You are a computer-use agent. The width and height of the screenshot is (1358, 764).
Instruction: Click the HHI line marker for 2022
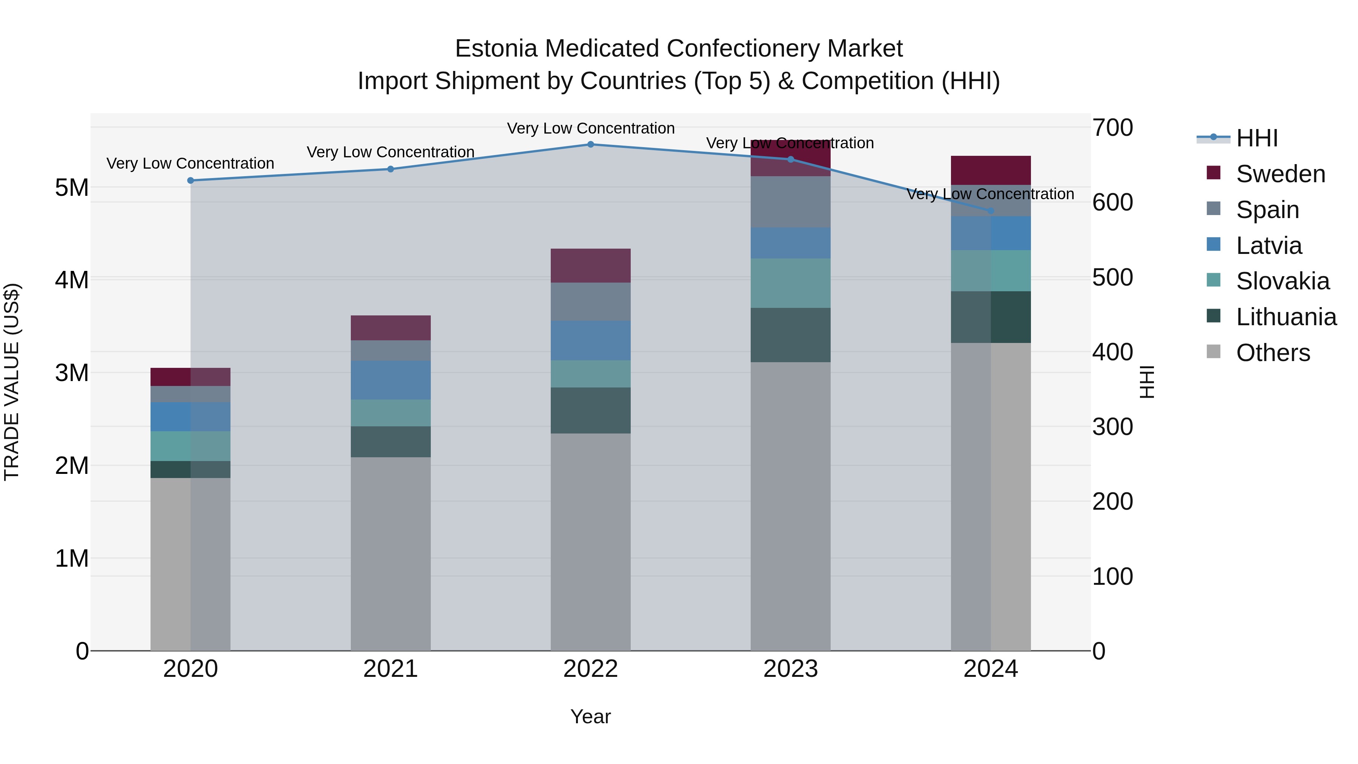click(590, 144)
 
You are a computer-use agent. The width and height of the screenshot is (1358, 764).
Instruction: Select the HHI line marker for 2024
click(991, 211)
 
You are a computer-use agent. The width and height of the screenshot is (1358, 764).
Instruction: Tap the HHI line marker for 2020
click(191, 180)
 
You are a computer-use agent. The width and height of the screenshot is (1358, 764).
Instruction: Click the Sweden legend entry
click(1280, 174)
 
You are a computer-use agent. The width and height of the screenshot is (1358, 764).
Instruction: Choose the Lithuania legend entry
click(1286, 317)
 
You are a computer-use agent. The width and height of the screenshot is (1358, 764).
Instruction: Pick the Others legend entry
click(1273, 353)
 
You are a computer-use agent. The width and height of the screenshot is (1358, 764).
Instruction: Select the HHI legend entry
click(1257, 138)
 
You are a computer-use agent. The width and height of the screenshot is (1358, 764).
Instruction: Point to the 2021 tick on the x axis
click(391, 669)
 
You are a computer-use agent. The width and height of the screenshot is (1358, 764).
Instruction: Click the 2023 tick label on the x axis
click(790, 669)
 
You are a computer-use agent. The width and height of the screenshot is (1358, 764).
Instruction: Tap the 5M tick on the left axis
click(72, 188)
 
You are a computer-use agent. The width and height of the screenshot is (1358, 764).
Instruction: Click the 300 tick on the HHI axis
click(1112, 427)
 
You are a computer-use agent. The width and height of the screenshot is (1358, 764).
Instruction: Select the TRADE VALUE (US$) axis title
click(12, 382)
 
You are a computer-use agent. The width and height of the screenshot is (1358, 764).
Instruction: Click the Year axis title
click(590, 716)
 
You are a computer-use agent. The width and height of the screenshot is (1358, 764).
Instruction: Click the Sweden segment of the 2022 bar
click(590, 266)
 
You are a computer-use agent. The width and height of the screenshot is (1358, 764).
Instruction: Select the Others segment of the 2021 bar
click(391, 553)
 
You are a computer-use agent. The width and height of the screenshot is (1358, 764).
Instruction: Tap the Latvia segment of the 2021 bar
click(391, 380)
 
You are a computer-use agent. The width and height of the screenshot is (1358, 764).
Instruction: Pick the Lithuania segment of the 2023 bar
click(790, 335)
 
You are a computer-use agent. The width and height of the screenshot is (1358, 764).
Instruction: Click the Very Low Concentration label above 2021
click(391, 152)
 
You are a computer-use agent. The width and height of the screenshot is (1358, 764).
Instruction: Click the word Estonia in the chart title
click(496, 49)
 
